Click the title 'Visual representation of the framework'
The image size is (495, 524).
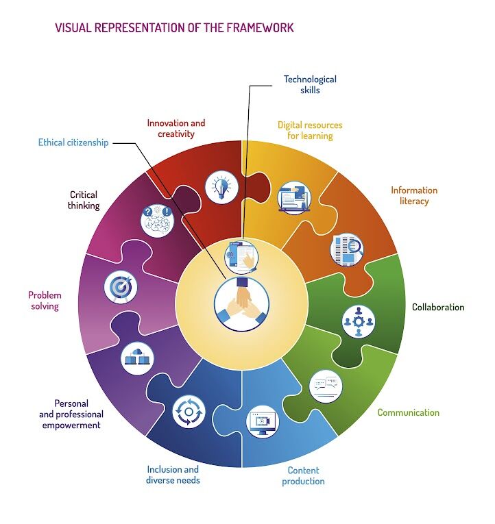tap(174, 28)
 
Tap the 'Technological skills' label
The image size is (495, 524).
tap(310, 84)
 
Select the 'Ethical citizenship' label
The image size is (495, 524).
tap(73, 143)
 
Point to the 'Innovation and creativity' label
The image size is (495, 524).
tap(176, 129)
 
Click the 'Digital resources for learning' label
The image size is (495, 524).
tap(310, 130)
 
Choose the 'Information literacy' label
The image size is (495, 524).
tap(413, 195)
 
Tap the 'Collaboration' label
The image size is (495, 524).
tap(437, 307)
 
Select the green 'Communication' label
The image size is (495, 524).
tap(408, 412)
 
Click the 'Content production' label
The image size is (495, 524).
tap(303, 475)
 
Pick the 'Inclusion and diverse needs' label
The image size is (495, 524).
tap(173, 474)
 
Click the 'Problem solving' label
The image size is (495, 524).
tap(45, 301)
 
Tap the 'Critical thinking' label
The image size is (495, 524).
tap(84, 200)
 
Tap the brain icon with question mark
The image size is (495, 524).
tap(157, 221)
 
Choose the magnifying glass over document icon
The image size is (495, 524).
tap(346, 249)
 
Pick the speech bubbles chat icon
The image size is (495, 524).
tap(326, 386)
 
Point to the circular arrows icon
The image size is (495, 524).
tap(189, 412)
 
